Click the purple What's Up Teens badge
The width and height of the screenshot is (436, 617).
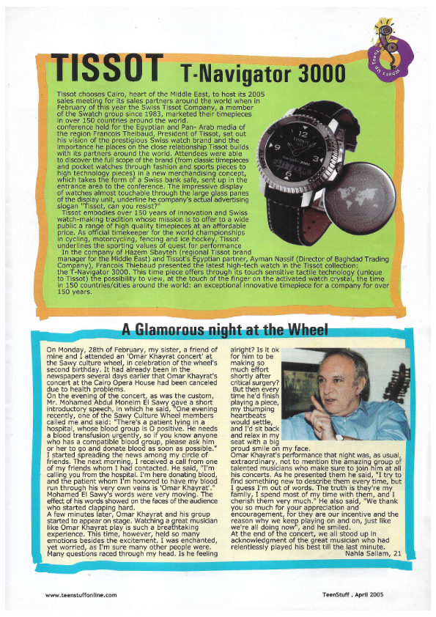pyautogui.click(x=386, y=52)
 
